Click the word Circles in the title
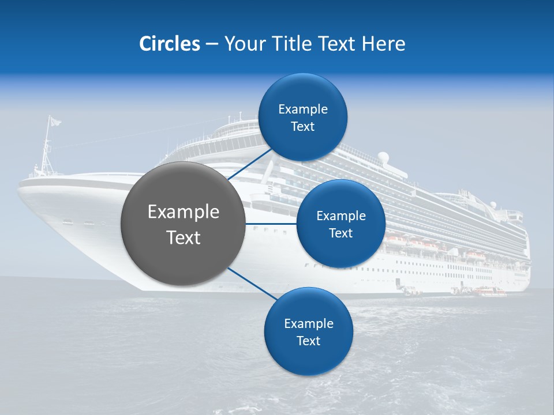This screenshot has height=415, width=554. (169, 44)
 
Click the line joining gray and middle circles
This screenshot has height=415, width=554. (271, 224)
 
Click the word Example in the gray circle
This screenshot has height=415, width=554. (183, 212)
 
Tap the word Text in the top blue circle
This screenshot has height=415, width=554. (302, 127)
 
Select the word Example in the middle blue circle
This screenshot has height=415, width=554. (340, 216)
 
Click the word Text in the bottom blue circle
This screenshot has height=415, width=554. (308, 341)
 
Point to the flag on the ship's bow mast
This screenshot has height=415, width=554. (54, 121)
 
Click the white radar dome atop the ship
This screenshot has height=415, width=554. (383, 157)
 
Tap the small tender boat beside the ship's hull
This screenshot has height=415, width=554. (491, 292)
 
